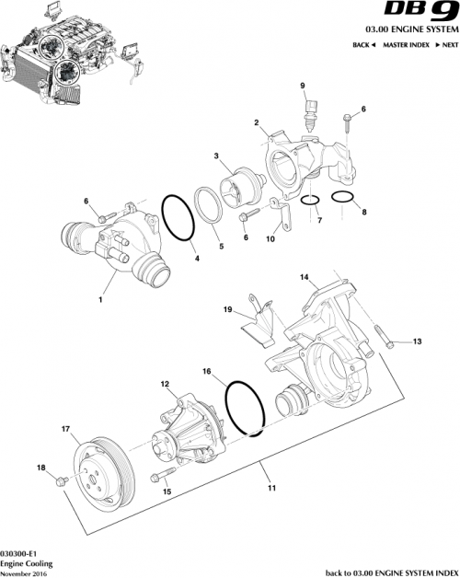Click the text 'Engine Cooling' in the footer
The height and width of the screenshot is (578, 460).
pyautogui.click(x=26, y=561)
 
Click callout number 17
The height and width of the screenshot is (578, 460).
pyautogui.click(x=65, y=428)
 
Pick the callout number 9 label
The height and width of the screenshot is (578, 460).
pyautogui.click(x=301, y=86)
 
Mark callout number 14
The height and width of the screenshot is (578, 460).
pyautogui.click(x=305, y=276)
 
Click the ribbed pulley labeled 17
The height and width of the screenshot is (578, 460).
pyautogui.click(x=102, y=470)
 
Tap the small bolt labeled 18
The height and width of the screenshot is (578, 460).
pyautogui.click(x=62, y=480)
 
